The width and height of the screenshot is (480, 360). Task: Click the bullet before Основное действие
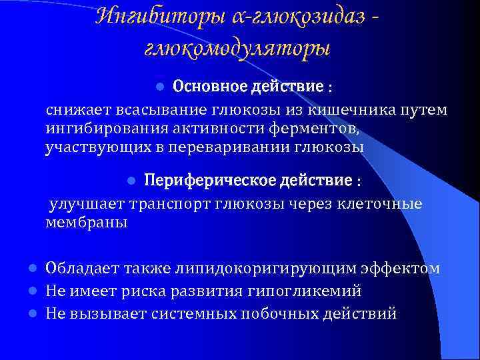[x=159, y=87]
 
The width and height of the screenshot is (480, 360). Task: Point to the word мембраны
[x=85, y=222]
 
